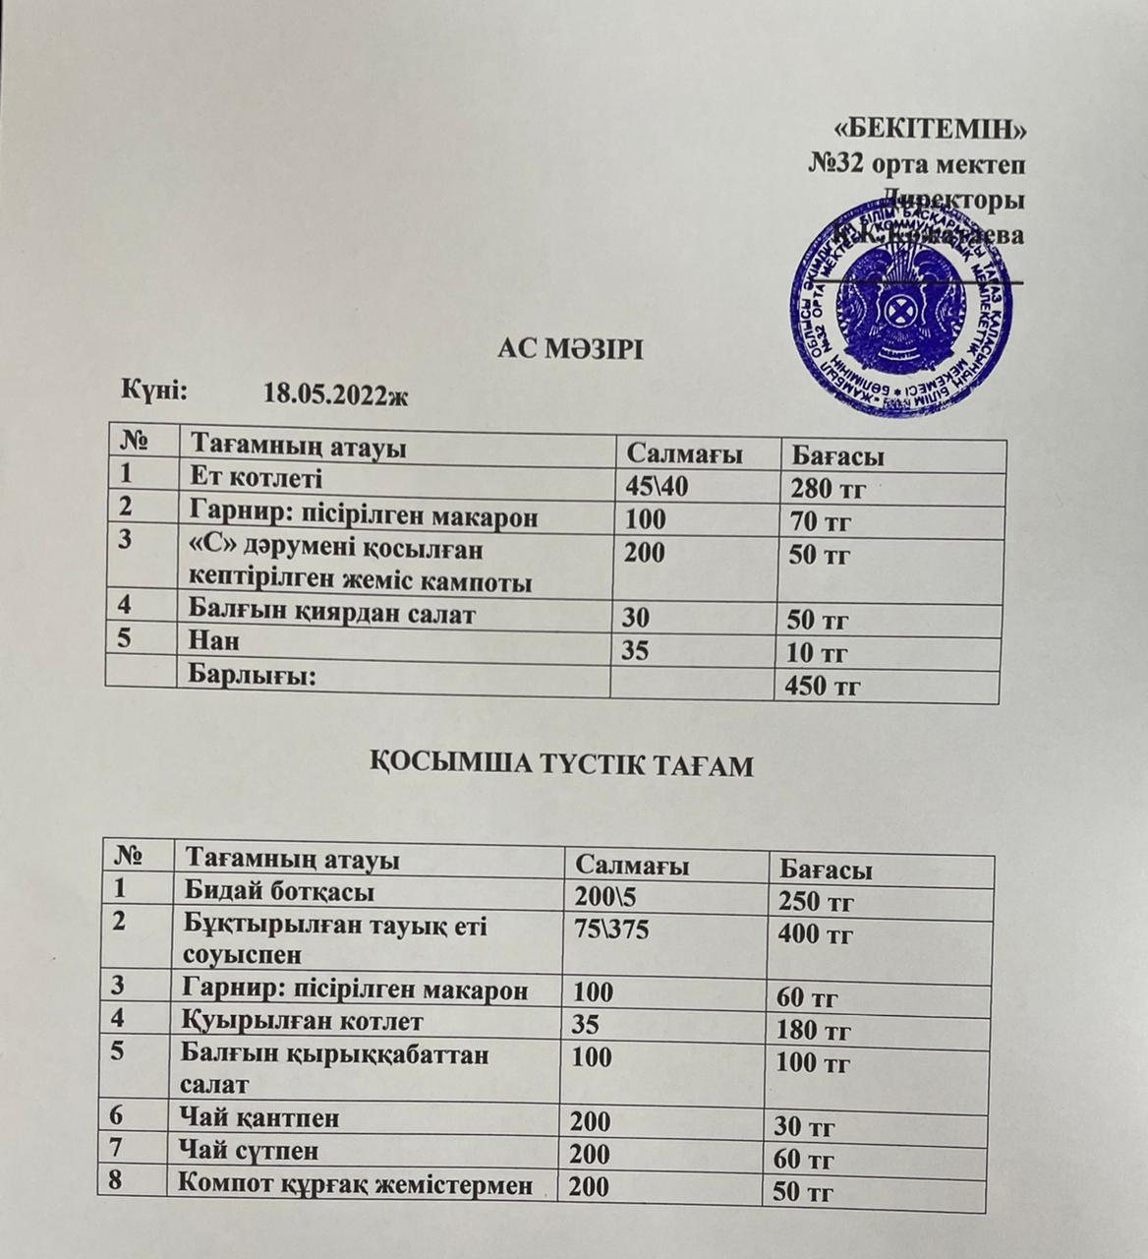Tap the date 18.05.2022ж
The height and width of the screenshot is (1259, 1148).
(x=335, y=395)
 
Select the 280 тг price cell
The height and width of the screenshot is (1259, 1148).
(x=828, y=489)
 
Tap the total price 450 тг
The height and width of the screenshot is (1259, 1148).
(x=819, y=687)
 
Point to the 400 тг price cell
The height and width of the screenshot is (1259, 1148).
(x=815, y=935)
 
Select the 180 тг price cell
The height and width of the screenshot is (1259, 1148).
(x=814, y=1032)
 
